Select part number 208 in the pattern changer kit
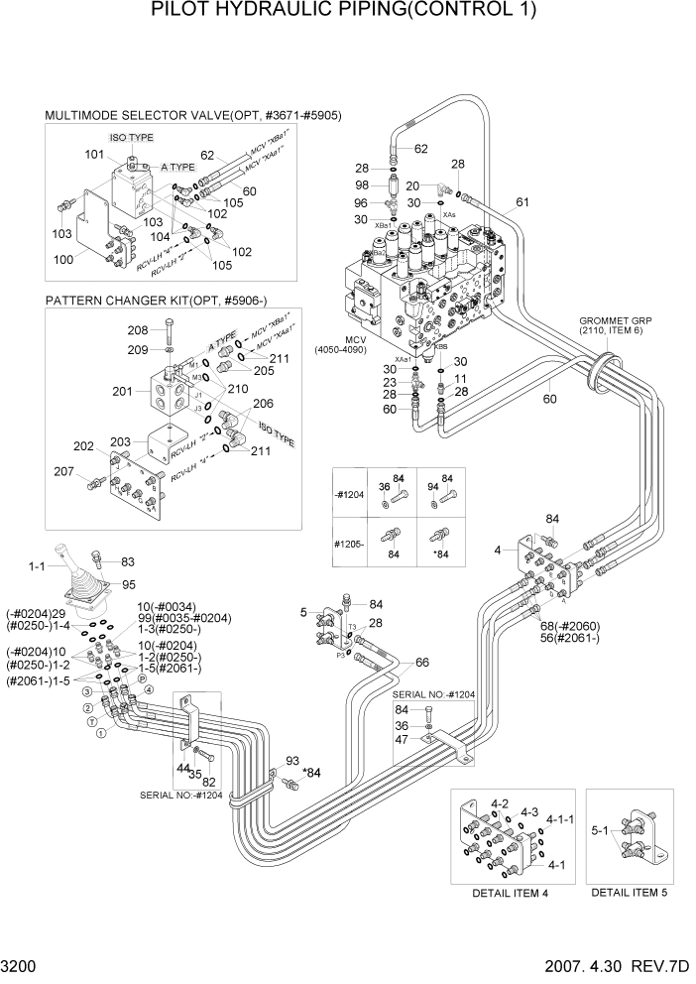click(x=137, y=329)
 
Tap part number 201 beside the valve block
click(x=122, y=391)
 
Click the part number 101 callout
click(x=94, y=154)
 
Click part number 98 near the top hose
click(x=362, y=186)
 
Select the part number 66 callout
click(x=422, y=663)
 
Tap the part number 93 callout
click(x=291, y=760)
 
